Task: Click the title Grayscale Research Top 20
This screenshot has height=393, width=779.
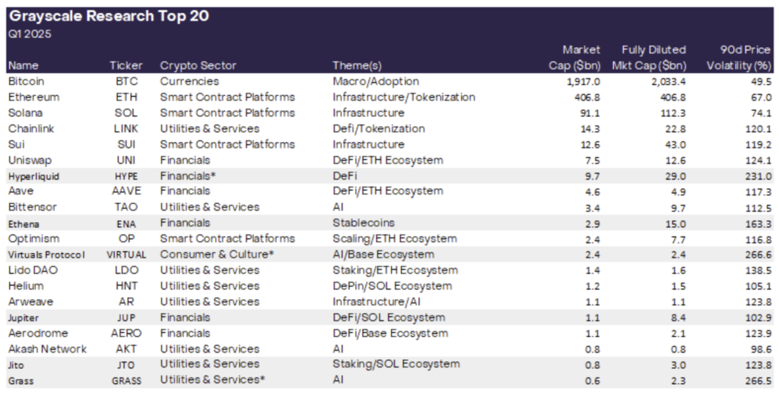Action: tap(109, 15)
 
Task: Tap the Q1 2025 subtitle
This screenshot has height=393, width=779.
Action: tap(30, 33)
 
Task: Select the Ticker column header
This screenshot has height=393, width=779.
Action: tap(126, 65)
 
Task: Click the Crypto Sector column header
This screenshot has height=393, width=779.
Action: tap(198, 65)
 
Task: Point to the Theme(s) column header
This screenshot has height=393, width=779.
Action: tap(357, 65)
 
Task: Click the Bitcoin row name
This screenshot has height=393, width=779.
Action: tap(27, 81)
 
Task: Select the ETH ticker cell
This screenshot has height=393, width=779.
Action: tap(126, 97)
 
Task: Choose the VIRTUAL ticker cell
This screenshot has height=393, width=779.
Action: tap(126, 255)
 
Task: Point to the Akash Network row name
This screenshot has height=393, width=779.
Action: tap(47, 349)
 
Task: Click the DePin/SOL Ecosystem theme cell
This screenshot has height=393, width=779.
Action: tap(392, 286)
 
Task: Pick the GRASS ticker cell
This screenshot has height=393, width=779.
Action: tap(126, 381)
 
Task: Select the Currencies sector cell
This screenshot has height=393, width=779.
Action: tap(189, 81)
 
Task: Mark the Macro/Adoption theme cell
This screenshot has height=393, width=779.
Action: tap(376, 81)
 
